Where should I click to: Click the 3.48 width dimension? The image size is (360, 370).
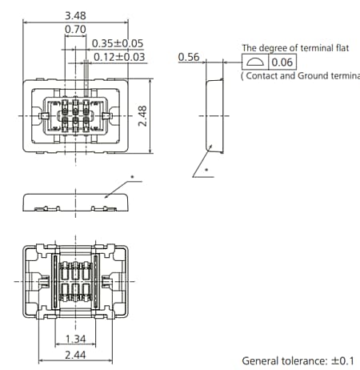pyautogui.click(x=75, y=15)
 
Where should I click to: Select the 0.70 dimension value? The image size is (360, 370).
pyautogui.click(x=75, y=30)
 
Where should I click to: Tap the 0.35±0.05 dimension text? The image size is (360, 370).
pyautogui.click(x=118, y=43)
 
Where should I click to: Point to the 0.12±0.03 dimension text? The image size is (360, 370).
pyautogui.click(x=118, y=56)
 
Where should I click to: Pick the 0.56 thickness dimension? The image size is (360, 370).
pyautogui.click(x=188, y=57)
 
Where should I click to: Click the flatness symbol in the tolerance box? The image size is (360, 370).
pyautogui.click(x=254, y=62)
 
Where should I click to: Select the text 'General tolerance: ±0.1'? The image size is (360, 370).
pyautogui.click(x=298, y=360)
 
